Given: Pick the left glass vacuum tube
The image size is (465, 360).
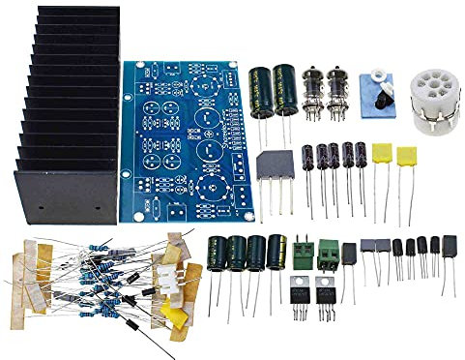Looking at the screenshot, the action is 313,92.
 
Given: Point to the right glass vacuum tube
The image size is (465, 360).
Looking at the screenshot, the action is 337,92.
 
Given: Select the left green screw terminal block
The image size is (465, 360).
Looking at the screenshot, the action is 304,254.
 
